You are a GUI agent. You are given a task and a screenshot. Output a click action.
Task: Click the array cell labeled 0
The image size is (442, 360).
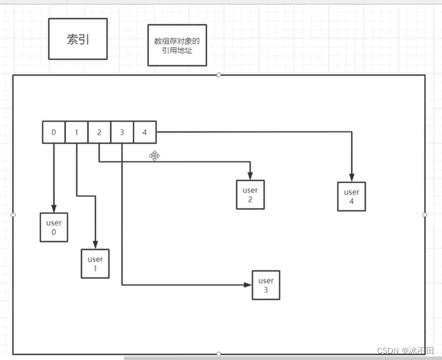click(53, 133)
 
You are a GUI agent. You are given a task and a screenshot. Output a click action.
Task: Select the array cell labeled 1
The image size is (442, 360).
click(76, 133)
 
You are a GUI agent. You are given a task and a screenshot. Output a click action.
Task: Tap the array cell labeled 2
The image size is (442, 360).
click(99, 133)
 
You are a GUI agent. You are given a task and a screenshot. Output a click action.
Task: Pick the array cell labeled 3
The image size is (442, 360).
click(122, 133)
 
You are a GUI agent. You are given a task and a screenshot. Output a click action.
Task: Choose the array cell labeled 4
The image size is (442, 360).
click(145, 133)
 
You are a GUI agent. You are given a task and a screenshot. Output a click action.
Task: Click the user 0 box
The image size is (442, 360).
click(54, 227)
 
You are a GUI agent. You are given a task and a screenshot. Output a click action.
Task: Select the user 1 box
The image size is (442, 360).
click(95, 264)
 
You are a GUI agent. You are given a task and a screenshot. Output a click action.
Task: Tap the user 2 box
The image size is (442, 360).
click(250, 195)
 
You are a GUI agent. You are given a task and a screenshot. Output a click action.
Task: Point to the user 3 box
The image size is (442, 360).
click(266, 285)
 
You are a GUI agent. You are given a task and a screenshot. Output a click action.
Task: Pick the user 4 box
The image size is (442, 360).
click(352, 197)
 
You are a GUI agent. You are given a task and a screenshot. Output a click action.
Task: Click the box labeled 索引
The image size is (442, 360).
click(77, 38)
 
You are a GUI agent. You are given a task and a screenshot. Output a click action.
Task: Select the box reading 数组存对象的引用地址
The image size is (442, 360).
click(177, 45)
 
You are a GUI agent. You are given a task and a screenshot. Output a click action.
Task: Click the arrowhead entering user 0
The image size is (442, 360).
click(54, 208)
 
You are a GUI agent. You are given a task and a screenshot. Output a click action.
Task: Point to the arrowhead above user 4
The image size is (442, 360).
click(352, 179)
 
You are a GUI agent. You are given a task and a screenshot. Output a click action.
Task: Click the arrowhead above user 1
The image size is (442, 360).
click(95, 246)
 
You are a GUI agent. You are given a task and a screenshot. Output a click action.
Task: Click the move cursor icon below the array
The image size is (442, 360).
click(154, 155)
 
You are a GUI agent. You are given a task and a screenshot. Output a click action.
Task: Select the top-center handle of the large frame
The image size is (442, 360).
click(219, 75)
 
